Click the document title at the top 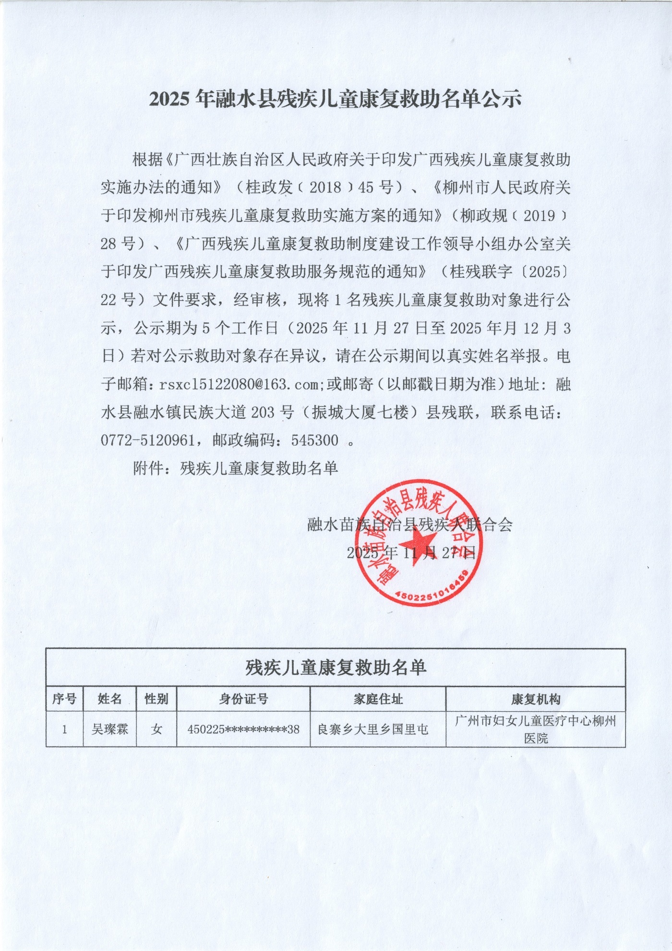coord(335,98)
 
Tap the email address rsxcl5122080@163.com coord(239,384)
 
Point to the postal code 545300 coord(314,440)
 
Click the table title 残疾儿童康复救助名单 coord(336,668)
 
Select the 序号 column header coord(64,699)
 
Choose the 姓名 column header coord(109,699)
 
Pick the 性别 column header coord(156,699)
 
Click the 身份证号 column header coord(243,699)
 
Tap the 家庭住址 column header coord(378,699)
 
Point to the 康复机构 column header coord(535,699)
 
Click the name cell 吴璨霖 coord(109,729)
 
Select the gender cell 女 coord(156,729)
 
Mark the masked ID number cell coord(243,729)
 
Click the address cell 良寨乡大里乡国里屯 coord(373,729)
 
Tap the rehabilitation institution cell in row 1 coord(535,729)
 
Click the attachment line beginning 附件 coord(235,468)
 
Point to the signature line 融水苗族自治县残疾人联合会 coord(410,524)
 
